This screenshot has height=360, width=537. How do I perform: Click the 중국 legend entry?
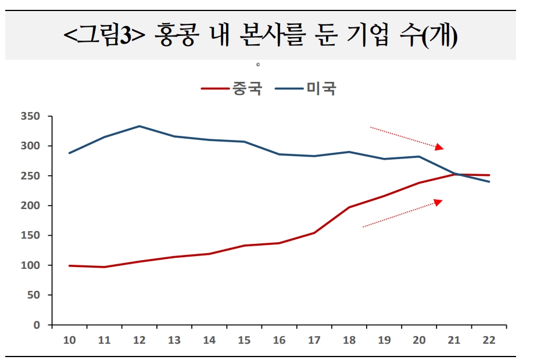(x=232, y=89)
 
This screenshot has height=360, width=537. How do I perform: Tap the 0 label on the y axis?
(x=37, y=325)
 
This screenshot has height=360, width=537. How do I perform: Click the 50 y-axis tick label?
(x=33, y=295)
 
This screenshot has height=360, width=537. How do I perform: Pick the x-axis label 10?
(x=69, y=340)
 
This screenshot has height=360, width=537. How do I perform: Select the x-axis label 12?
(x=139, y=340)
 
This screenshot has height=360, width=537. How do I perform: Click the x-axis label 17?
(x=314, y=340)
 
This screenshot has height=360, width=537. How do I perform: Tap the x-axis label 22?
(x=489, y=340)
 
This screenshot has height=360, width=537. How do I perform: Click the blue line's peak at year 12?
(x=139, y=126)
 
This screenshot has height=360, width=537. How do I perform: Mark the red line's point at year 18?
(x=349, y=207)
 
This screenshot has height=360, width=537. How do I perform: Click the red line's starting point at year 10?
(x=69, y=265)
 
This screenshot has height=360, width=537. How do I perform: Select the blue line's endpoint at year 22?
(x=489, y=182)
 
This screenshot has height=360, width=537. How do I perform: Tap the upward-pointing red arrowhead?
(x=438, y=201)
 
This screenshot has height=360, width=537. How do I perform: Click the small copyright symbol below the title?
(x=257, y=64)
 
